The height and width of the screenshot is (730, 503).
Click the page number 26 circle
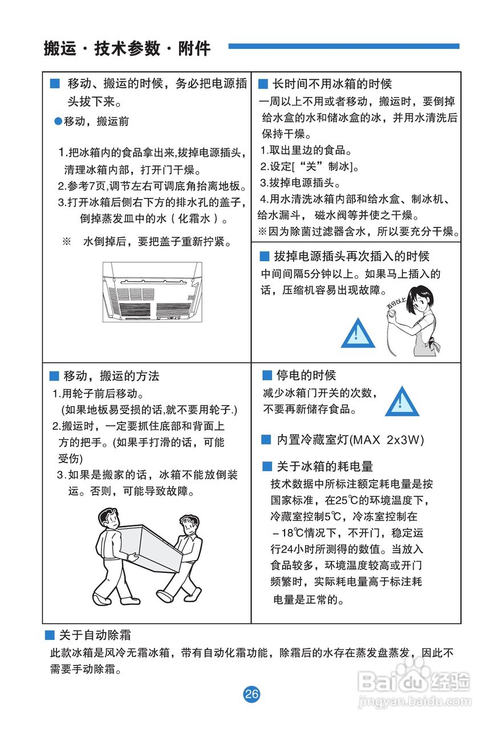click(x=251, y=694)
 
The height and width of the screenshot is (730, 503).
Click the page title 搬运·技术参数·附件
click(x=127, y=48)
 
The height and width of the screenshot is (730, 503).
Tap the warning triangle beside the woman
click(x=358, y=332)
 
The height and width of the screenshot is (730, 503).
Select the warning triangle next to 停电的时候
click(x=401, y=401)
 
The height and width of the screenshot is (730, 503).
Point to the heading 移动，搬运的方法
click(x=112, y=376)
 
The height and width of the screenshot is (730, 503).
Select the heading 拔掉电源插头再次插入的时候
click(x=351, y=256)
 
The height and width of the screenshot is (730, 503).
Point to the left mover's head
click(x=108, y=518)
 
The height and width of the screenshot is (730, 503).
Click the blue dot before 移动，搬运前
click(x=58, y=121)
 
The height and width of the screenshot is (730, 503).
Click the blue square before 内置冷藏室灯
click(x=266, y=440)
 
